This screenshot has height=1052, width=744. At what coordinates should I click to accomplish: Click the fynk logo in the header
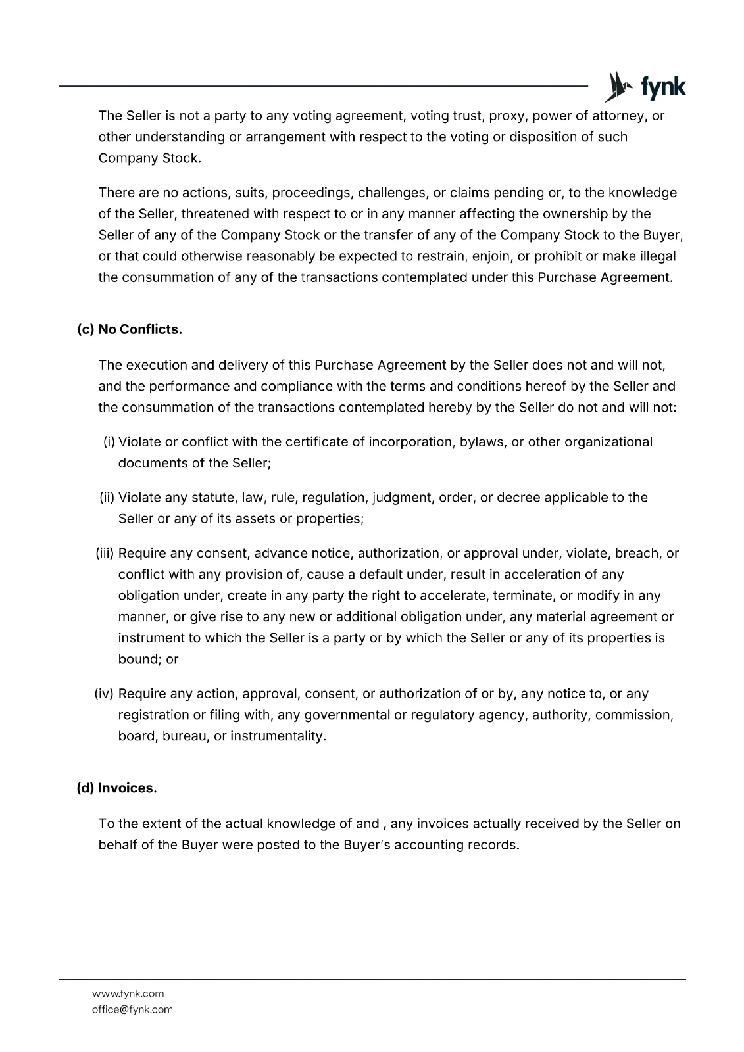pyautogui.click(x=645, y=87)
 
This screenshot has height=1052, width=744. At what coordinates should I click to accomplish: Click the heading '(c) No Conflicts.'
pyautogui.click(x=130, y=329)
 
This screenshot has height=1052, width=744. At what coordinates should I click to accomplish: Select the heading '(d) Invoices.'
pyautogui.click(x=117, y=788)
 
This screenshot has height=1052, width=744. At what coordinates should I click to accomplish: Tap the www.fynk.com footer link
pyautogui.click(x=128, y=993)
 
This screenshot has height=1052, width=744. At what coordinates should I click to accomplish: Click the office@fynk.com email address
pyautogui.click(x=132, y=1009)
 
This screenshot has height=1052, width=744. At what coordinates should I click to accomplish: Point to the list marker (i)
pyautogui.click(x=109, y=442)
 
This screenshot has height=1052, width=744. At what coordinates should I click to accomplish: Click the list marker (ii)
pyautogui.click(x=107, y=498)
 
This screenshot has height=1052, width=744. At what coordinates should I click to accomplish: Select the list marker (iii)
pyautogui.click(x=105, y=554)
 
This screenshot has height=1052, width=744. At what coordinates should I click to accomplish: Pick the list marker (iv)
pyautogui.click(x=105, y=694)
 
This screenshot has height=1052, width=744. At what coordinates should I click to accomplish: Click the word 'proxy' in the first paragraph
pyautogui.click(x=506, y=116)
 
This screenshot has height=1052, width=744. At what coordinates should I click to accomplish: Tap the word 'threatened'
pyautogui.click(x=214, y=214)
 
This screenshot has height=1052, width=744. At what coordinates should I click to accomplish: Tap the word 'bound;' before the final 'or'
pyautogui.click(x=140, y=659)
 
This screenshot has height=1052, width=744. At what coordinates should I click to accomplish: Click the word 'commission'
pyautogui.click(x=633, y=715)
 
